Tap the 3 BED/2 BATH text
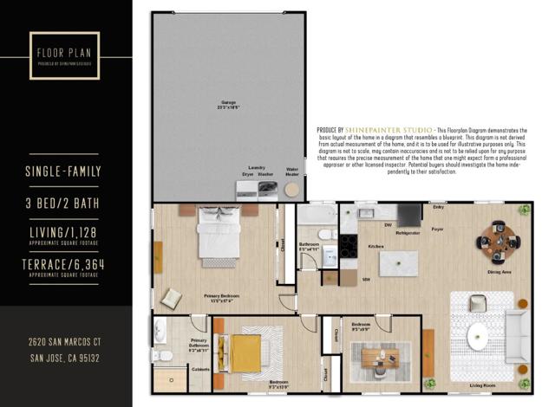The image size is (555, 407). pyautogui.click(x=66, y=204)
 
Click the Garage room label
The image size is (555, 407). pyautogui.click(x=228, y=102)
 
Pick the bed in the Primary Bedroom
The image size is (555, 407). pyautogui.click(x=218, y=234)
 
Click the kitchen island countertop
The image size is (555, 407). pyautogui.click(x=398, y=262)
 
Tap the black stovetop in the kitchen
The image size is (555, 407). pyautogui.click(x=348, y=247)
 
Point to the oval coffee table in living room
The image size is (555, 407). pyautogui.click(x=480, y=335)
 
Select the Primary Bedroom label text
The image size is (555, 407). pyautogui.click(x=223, y=297)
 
